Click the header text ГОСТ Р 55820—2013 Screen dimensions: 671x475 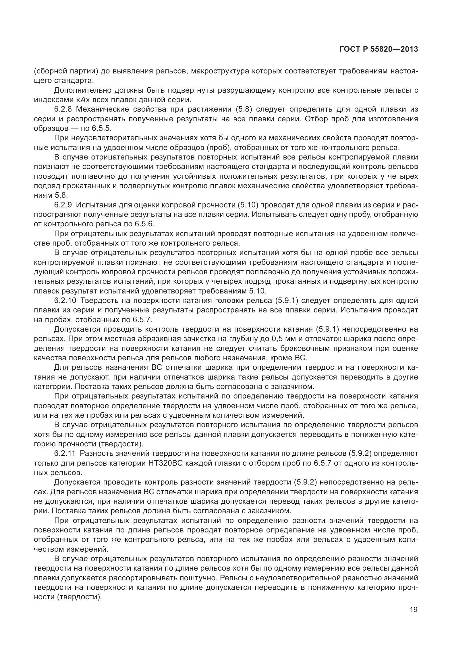point(379,49)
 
